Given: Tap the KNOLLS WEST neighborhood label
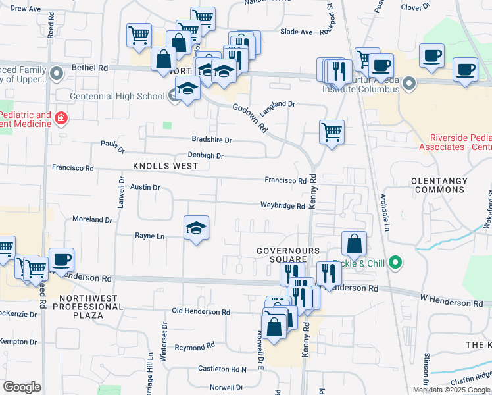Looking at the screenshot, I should [165, 166].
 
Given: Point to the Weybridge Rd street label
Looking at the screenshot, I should [282, 206].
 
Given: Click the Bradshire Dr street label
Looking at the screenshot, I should [212, 140].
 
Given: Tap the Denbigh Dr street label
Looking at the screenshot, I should [206, 156].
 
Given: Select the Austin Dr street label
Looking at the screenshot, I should [145, 188].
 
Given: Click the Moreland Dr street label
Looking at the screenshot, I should [92, 219].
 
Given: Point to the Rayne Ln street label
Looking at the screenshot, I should [149, 236].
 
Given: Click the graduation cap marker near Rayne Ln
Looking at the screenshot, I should [196, 228].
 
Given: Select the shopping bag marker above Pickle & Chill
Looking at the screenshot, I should [354, 244].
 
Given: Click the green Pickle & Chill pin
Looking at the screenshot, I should [395, 263].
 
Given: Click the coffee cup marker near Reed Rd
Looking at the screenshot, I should [61, 260].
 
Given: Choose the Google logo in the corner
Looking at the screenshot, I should [22, 387].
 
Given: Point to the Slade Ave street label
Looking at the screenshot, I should [297, 32].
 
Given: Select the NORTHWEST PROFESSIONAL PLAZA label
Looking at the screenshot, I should [87, 307].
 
